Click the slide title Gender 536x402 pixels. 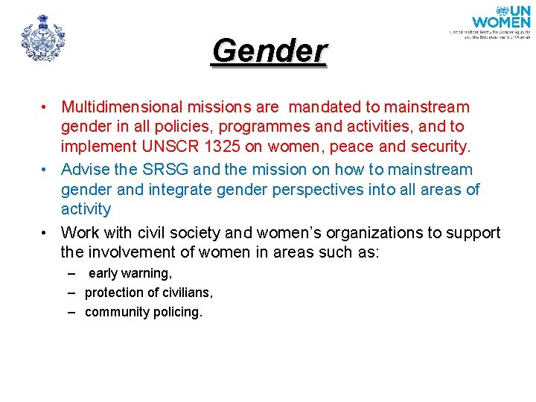269,51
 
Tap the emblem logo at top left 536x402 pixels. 43,37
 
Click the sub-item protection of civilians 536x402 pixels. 149,293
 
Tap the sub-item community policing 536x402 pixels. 144,312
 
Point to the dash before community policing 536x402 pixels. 71,312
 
